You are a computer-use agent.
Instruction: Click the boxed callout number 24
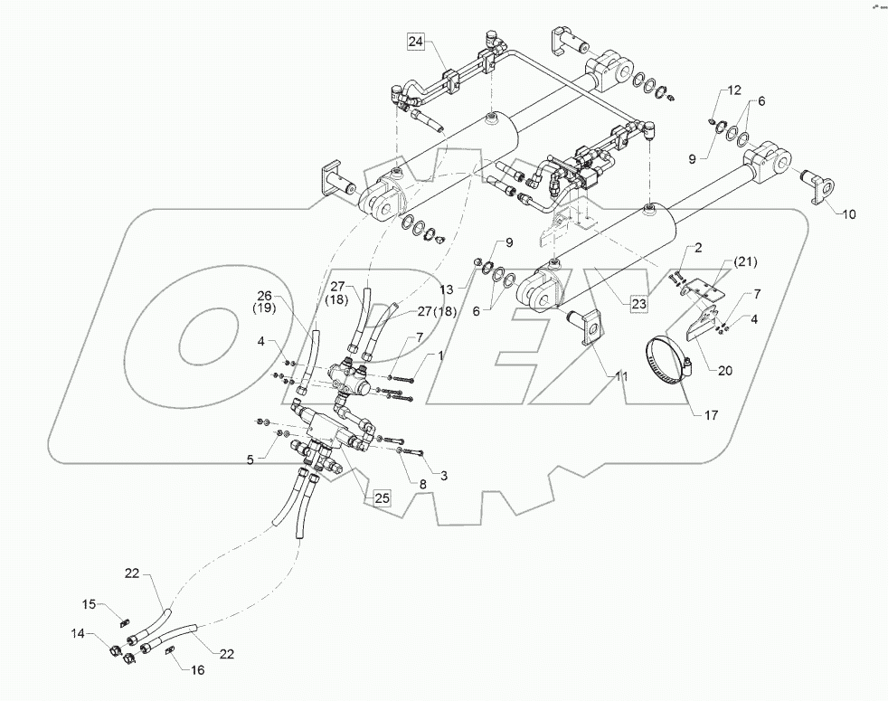point(415,42)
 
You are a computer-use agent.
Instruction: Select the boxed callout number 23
point(639,305)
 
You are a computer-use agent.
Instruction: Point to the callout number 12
point(733,90)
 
